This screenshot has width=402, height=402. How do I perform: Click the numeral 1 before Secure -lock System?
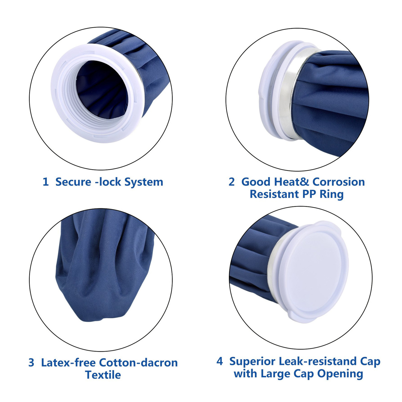(x=45, y=182)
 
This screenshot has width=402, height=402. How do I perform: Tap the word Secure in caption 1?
(x=73, y=182)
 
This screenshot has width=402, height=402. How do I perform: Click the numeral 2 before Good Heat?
(x=231, y=182)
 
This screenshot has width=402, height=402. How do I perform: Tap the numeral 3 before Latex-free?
(x=31, y=363)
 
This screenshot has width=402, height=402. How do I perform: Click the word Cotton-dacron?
(x=138, y=363)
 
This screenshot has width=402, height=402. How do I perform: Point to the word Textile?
(x=103, y=375)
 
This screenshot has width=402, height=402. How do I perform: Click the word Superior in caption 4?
(x=252, y=361)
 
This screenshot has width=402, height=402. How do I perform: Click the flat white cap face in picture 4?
(x=314, y=273)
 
